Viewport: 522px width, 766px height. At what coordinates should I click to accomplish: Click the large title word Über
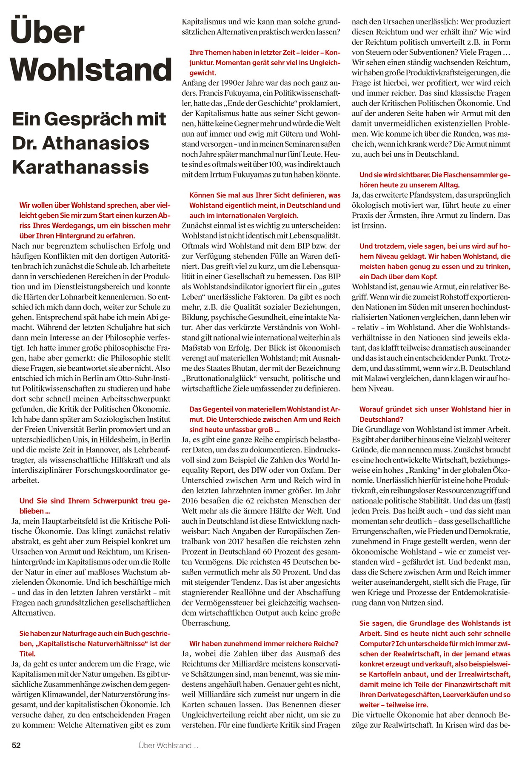tap(48, 31)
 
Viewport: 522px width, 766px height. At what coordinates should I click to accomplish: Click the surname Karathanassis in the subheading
tap(81, 167)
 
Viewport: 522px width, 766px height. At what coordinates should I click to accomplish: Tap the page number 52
tap(16, 745)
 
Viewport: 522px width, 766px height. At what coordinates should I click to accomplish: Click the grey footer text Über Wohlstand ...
tap(168, 745)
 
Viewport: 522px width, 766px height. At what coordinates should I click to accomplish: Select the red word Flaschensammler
tap(459, 175)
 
